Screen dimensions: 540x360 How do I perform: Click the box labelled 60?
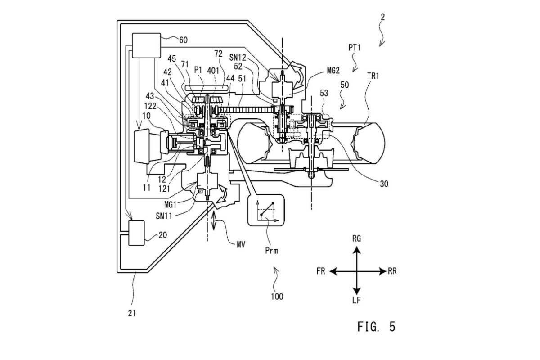(x=147, y=45)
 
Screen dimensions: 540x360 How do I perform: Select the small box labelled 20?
(x=137, y=233)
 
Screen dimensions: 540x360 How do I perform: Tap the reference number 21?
(x=132, y=313)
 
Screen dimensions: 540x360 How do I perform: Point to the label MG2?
(x=333, y=70)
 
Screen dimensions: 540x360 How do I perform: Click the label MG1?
(x=171, y=205)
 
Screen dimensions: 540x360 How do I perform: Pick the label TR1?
(x=373, y=76)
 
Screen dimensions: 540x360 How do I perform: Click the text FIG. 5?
(x=376, y=327)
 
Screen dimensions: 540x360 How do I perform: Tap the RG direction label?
(x=356, y=238)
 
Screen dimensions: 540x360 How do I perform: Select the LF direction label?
(x=356, y=300)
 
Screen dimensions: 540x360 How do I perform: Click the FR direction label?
(x=321, y=271)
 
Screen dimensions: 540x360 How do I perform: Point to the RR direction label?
(x=392, y=271)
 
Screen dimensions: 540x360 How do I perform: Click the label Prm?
(x=271, y=251)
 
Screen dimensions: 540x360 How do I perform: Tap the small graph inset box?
(x=266, y=210)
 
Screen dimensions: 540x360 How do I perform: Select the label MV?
(x=241, y=245)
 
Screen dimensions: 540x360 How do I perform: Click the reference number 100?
(x=277, y=297)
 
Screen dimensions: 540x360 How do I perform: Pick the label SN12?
(x=238, y=58)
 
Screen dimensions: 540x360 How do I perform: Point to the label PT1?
(x=355, y=48)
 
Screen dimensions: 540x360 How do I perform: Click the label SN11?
(x=164, y=216)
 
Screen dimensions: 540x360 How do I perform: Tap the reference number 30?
(x=384, y=184)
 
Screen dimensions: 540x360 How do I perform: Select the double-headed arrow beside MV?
(x=214, y=221)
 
